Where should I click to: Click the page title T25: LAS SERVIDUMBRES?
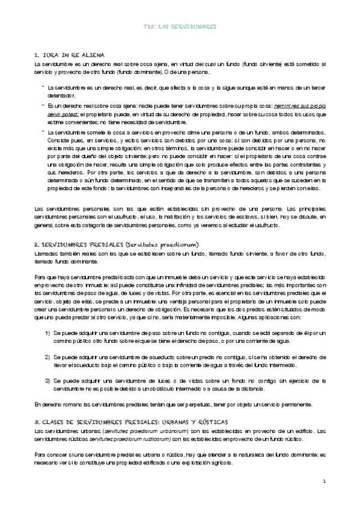[180, 27]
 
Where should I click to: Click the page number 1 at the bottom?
[324, 482]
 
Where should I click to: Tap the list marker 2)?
[47, 357]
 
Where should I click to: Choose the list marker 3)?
[47, 381]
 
